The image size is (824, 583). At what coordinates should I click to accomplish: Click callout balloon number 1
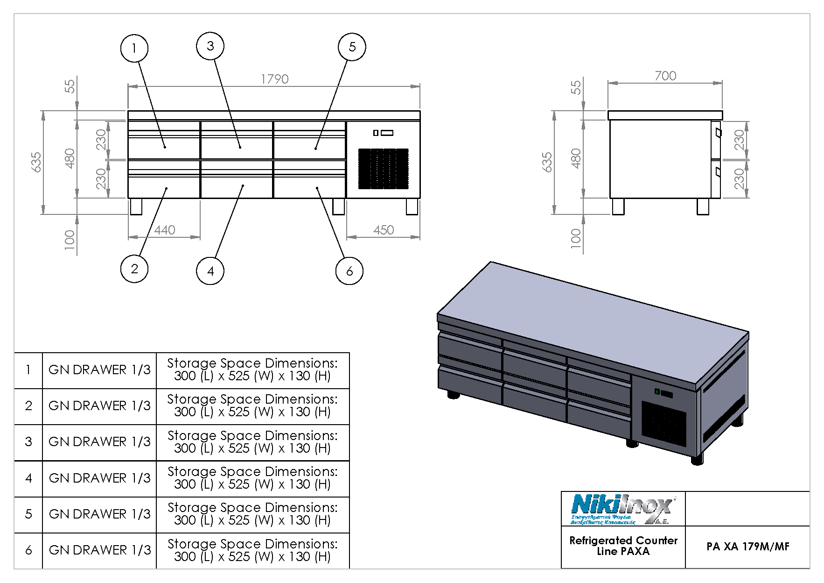coord(134,48)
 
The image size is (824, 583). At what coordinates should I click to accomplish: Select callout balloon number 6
coord(349,271)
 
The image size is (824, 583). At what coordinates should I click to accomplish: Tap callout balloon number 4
coord(210,271)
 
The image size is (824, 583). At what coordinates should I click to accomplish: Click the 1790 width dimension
coord(274,79)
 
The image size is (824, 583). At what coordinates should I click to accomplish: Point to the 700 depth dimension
coord(665,76)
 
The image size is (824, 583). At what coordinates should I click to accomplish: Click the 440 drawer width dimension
coord(164,230)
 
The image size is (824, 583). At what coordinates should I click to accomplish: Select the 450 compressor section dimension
coord(383,230)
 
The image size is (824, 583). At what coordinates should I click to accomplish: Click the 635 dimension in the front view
coord(37,162)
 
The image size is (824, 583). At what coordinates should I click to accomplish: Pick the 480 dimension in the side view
coord(576,158)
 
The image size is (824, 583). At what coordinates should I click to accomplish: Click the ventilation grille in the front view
coord(383,169)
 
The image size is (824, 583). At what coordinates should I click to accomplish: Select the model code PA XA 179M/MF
coord(747,547)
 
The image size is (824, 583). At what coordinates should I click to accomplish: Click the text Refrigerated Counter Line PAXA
coord(623,546)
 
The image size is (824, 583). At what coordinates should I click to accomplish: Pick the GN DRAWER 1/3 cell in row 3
coord(99,442)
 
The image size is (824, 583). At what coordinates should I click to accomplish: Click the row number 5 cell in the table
coord(28,514)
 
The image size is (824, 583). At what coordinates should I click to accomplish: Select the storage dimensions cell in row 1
coord(252,370)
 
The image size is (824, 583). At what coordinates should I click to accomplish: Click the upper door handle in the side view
coord(718,133)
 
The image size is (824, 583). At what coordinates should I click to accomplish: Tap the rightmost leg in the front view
coord(412,207)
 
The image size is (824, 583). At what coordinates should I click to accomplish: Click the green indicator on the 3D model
coord(657,391)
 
